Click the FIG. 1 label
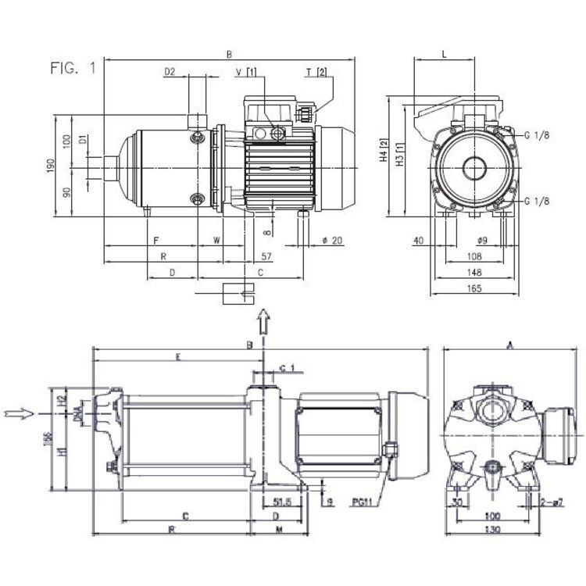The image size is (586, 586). pyautogui.click(x=72, y=69)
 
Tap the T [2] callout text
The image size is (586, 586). pyautogui.click(x=316, y=72)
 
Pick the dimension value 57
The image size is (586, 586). pyautogui.click(x=266, y=255)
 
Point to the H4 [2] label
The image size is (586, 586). pyautogui.click(x=384, y=151)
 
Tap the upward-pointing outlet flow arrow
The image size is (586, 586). pyautogui.click(x=263, y=320)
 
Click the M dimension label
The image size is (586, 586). pyautogui.click(x=279, y=530)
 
